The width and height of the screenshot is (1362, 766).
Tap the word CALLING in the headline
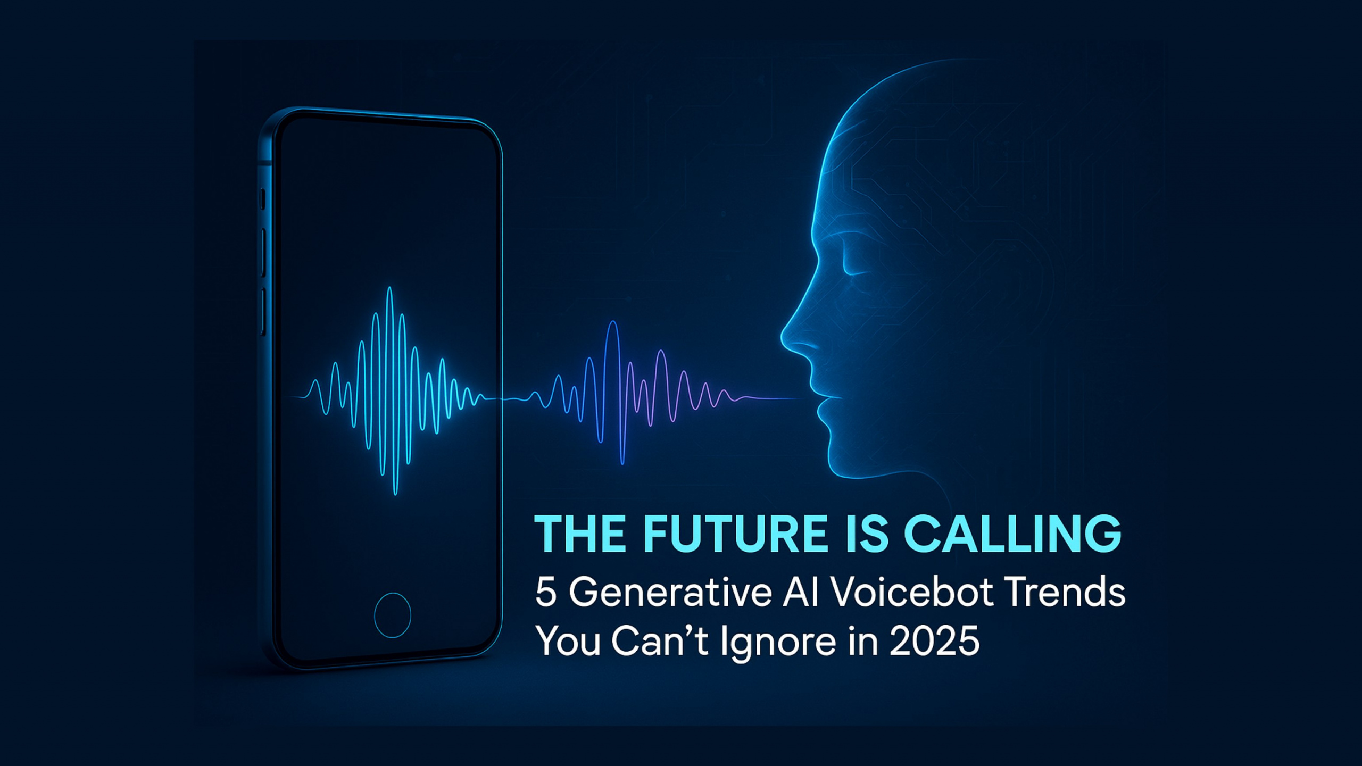coord(1013,534)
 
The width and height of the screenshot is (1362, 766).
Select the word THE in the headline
coord(580,534)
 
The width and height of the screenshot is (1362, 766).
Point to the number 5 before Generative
coord(546,592)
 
